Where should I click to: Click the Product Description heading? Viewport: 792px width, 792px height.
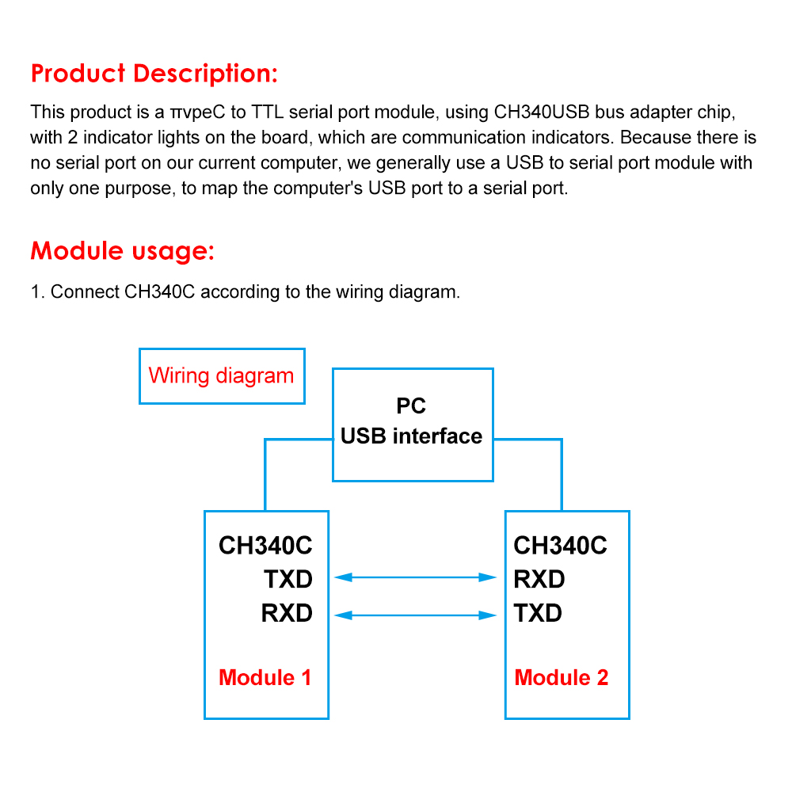point(154,74)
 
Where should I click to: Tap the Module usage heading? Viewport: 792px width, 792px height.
point(123,251)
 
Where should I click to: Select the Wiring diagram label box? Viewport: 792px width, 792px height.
point(222,376)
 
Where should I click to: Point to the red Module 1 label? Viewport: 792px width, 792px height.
point(265,678)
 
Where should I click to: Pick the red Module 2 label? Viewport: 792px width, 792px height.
point(562,678)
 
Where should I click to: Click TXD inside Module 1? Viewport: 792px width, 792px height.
point(288,580)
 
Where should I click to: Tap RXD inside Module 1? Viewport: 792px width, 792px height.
point(287,613)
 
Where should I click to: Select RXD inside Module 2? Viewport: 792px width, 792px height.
point(539,580)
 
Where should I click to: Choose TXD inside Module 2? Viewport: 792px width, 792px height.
point(538,613)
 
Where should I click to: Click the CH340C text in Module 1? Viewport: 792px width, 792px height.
point(265,546)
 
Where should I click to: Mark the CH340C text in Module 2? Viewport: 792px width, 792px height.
point(561,546)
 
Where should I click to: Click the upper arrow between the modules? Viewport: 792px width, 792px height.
point(416,578)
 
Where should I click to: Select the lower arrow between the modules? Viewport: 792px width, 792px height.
point(416,614)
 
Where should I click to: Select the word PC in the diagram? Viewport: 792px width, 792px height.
point(411,406)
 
